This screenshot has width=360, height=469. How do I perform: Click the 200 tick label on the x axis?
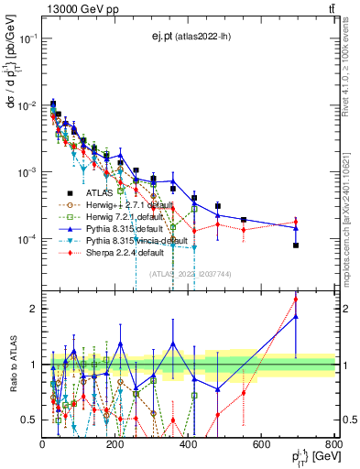click(115, 446)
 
